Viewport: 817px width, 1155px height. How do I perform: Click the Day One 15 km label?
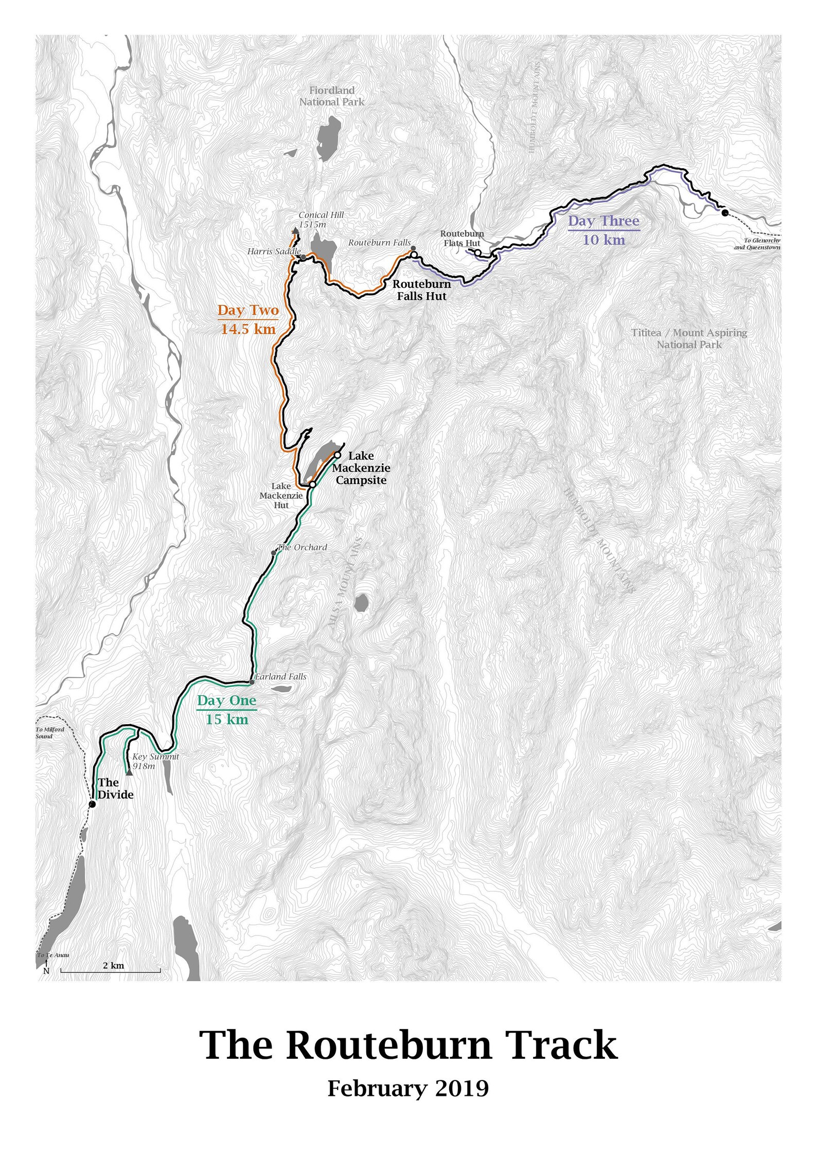pos(226,710)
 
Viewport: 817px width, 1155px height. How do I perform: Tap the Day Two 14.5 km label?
pos(248,319)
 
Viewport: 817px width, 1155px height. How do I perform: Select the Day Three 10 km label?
pos(603,230)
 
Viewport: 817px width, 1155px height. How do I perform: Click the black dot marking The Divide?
pos(92,804)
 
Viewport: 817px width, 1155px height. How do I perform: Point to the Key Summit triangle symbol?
pos(129,772)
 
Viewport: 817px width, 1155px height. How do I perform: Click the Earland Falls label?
pos(280,677)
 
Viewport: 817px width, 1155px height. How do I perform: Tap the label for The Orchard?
pos(302,547)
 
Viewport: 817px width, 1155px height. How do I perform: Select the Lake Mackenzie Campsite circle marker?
pos(338,455)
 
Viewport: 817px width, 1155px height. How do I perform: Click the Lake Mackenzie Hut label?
pos(281,495)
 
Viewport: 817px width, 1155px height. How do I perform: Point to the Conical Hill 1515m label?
pos(321,220)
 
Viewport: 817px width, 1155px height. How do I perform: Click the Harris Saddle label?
pos(274,251)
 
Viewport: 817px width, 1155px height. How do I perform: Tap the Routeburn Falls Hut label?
pos(422,290)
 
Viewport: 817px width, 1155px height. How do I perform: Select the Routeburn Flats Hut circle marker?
pos(477,253)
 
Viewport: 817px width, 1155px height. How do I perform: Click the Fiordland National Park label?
pos(332,96)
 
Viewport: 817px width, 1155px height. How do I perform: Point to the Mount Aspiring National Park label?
pos(689,338)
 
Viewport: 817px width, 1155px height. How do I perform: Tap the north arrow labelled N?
pos(46,967)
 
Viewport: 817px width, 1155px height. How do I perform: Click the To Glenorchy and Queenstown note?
pos(757,244)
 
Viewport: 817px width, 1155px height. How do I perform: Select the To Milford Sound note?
pos(50,733)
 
